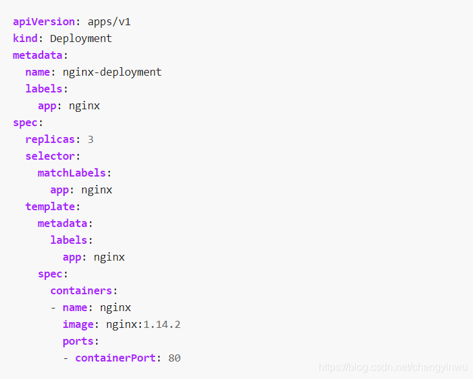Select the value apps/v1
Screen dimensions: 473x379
pyautogui.click(x=109, y=21)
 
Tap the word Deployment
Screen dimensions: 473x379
pyautogui.click(x=81, y=38)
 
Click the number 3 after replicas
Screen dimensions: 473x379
pyautogui.click(x=90, y=139)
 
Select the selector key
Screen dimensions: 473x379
pyautogui.click(x=50, y=156)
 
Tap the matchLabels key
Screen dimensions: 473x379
pyautogui.click(x=72, y=173)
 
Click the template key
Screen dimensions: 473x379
pyautogui.click(x=50, y=206)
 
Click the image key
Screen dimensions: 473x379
pyautogui.click(x=78, y=324)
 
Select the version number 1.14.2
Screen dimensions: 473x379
pyautogui.click(x=162, y=324)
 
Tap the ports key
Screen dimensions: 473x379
pyautogui.click(x=78, y=341)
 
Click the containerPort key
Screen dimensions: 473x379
pyautogui.click(x=116, y=358)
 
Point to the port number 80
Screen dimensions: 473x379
pyautogui.click(x=174, y=358)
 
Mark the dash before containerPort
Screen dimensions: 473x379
pyautogui.click(x=66, y=358)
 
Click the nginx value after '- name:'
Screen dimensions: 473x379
pyautogui.click(x=116, y=307)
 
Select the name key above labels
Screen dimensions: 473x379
pyautogui.click(x=37, y=72)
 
